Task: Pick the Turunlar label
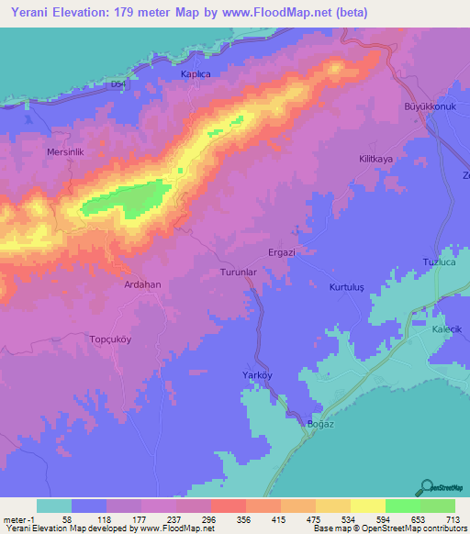pyautogui.click(x=242, y=273)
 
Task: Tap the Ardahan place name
pyautogui.click(x=142, y=284)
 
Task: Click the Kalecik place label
pyautogui.click(x=449, y=328)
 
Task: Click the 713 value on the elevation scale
pyautogui.click(x=450, y=520)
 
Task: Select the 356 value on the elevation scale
pyautogui.click(x=242, y=520)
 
